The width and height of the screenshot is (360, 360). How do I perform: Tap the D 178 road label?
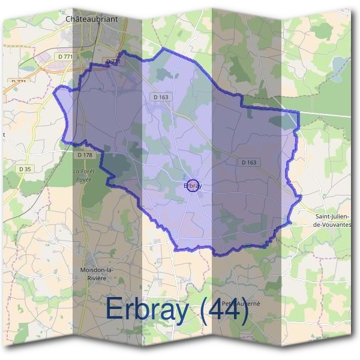click(85, 155)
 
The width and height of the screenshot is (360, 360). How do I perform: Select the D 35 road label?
click(25, 169)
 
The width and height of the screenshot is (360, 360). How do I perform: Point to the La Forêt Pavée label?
click(85, 175)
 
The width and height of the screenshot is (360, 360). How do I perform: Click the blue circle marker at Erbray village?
click(193, 185)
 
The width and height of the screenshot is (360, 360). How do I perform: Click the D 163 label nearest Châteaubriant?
click(161, 97)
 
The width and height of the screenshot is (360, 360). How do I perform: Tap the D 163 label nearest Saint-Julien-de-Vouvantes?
click(248, 162)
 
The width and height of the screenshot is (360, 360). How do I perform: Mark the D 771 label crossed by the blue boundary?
click(113, 62)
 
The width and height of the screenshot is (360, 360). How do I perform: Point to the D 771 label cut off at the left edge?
click(18, 81)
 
